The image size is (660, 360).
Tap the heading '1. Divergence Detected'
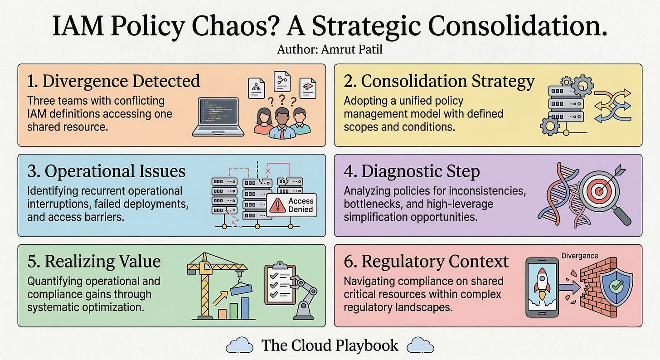pos(114,81)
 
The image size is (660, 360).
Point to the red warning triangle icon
pos(277,206)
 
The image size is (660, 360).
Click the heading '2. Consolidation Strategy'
pos(439,81)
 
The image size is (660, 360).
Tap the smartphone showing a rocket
pos(542,287)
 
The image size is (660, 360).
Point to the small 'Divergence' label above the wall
pos(580,256)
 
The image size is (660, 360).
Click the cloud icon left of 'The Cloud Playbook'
pos(239,346)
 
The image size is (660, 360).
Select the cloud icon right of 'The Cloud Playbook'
pos(421,346)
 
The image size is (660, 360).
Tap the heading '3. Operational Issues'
pos(106,171)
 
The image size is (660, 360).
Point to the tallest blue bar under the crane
pos(245,308)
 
